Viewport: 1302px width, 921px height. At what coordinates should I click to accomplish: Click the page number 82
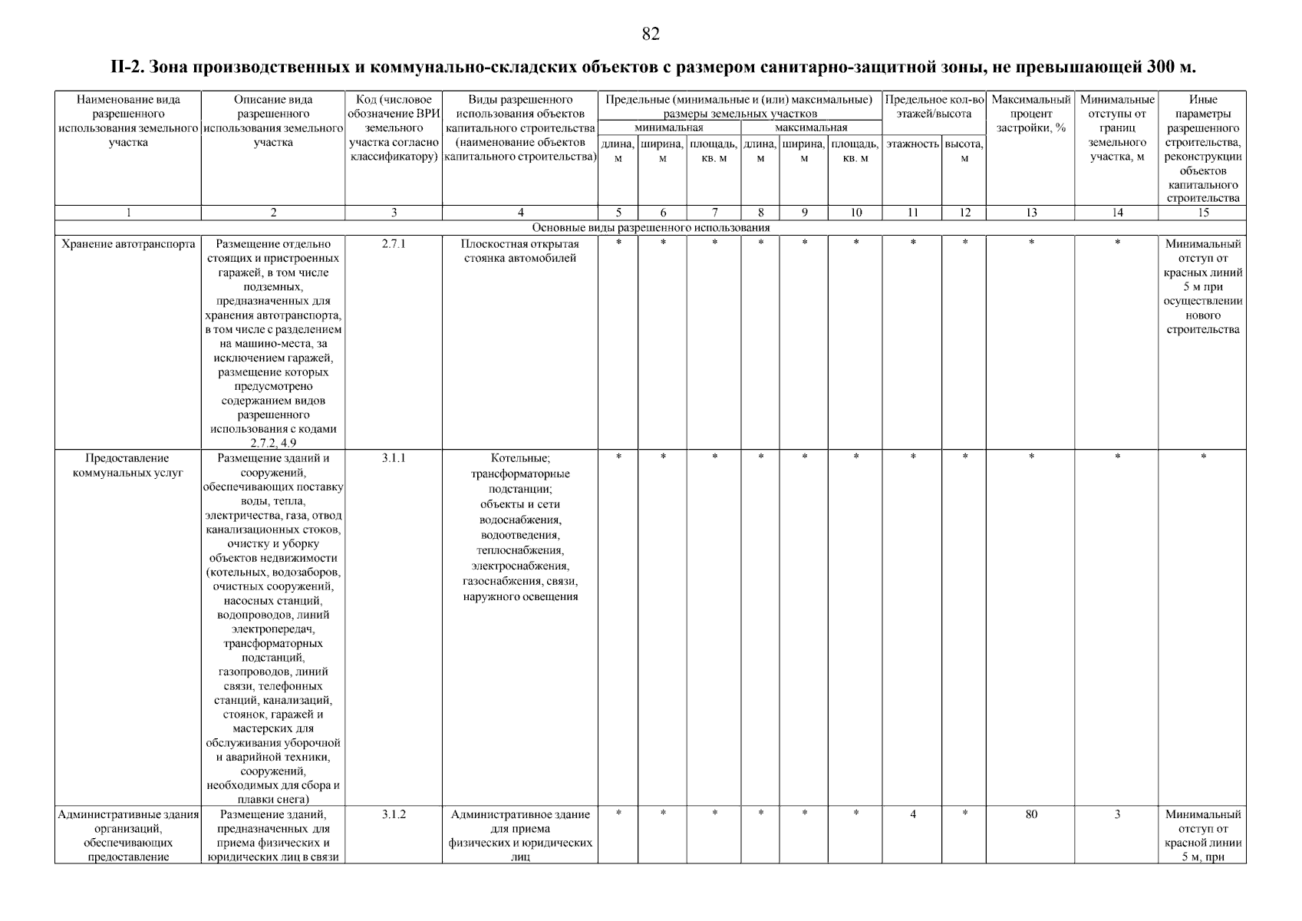(650, 35)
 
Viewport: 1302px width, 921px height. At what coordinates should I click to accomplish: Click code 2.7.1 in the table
(393, 244)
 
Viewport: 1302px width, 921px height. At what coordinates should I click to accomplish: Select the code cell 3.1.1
(393, 458)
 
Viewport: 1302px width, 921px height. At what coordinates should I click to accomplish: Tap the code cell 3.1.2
(393, 814)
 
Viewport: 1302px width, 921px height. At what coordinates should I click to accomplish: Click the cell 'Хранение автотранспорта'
(128, 244)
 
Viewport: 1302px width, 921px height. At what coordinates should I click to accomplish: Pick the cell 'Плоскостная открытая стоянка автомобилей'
(520, 251)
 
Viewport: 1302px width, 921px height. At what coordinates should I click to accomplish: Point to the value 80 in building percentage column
(1030, 814)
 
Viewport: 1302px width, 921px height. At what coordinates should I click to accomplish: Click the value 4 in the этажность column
(912, 814)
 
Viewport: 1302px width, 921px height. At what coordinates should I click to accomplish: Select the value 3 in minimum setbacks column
(1117, 814)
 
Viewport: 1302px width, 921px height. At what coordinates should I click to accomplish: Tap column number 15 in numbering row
(1202, 213)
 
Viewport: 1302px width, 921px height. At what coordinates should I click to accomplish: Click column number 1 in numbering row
(128, 213)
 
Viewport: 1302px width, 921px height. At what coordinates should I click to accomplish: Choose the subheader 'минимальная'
(669, 127)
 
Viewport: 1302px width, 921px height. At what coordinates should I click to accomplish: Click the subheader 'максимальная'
(811, 127)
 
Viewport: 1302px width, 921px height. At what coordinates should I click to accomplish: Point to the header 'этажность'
(912, 144)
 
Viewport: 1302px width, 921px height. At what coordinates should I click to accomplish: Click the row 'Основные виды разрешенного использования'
(651, 228)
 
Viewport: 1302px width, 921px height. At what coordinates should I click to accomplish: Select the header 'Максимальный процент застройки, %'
(1030, 114)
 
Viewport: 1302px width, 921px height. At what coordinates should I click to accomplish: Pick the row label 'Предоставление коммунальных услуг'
(128, 465)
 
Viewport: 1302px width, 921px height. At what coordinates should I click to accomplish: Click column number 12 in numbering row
(964, 213)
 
